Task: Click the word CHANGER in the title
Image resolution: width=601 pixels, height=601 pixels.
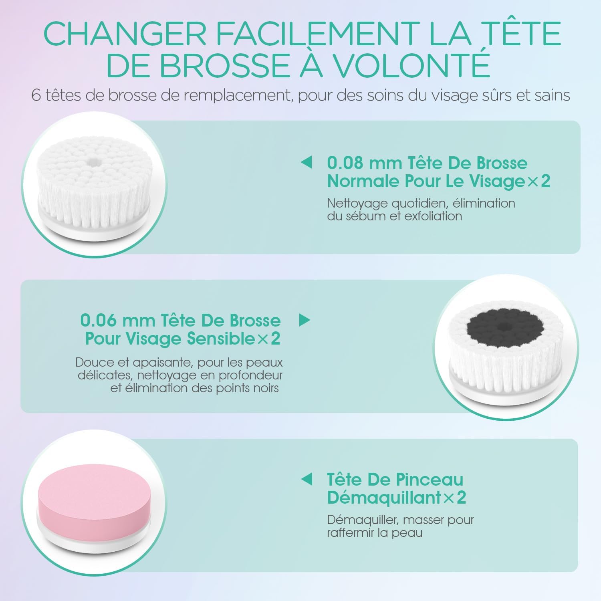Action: point(125,34)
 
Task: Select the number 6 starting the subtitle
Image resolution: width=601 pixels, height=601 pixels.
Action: point(36,96)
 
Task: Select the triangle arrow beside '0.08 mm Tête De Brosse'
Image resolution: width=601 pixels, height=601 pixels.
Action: point(306,163)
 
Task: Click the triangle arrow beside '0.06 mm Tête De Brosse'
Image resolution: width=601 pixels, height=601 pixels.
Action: point(305,320)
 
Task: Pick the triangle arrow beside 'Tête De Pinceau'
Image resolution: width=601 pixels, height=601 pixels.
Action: point(306,479)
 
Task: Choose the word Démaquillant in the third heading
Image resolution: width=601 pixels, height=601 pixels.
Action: point(384,498)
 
